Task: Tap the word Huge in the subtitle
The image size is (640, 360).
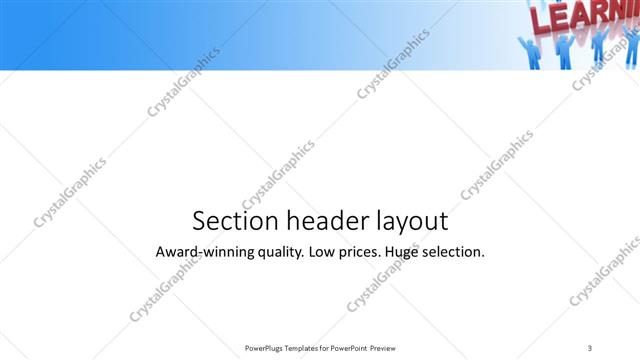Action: (x=415, y=252)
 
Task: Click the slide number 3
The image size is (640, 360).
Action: (x=590, y=347)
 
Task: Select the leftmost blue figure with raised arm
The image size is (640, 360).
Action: (x=528, y=52)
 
